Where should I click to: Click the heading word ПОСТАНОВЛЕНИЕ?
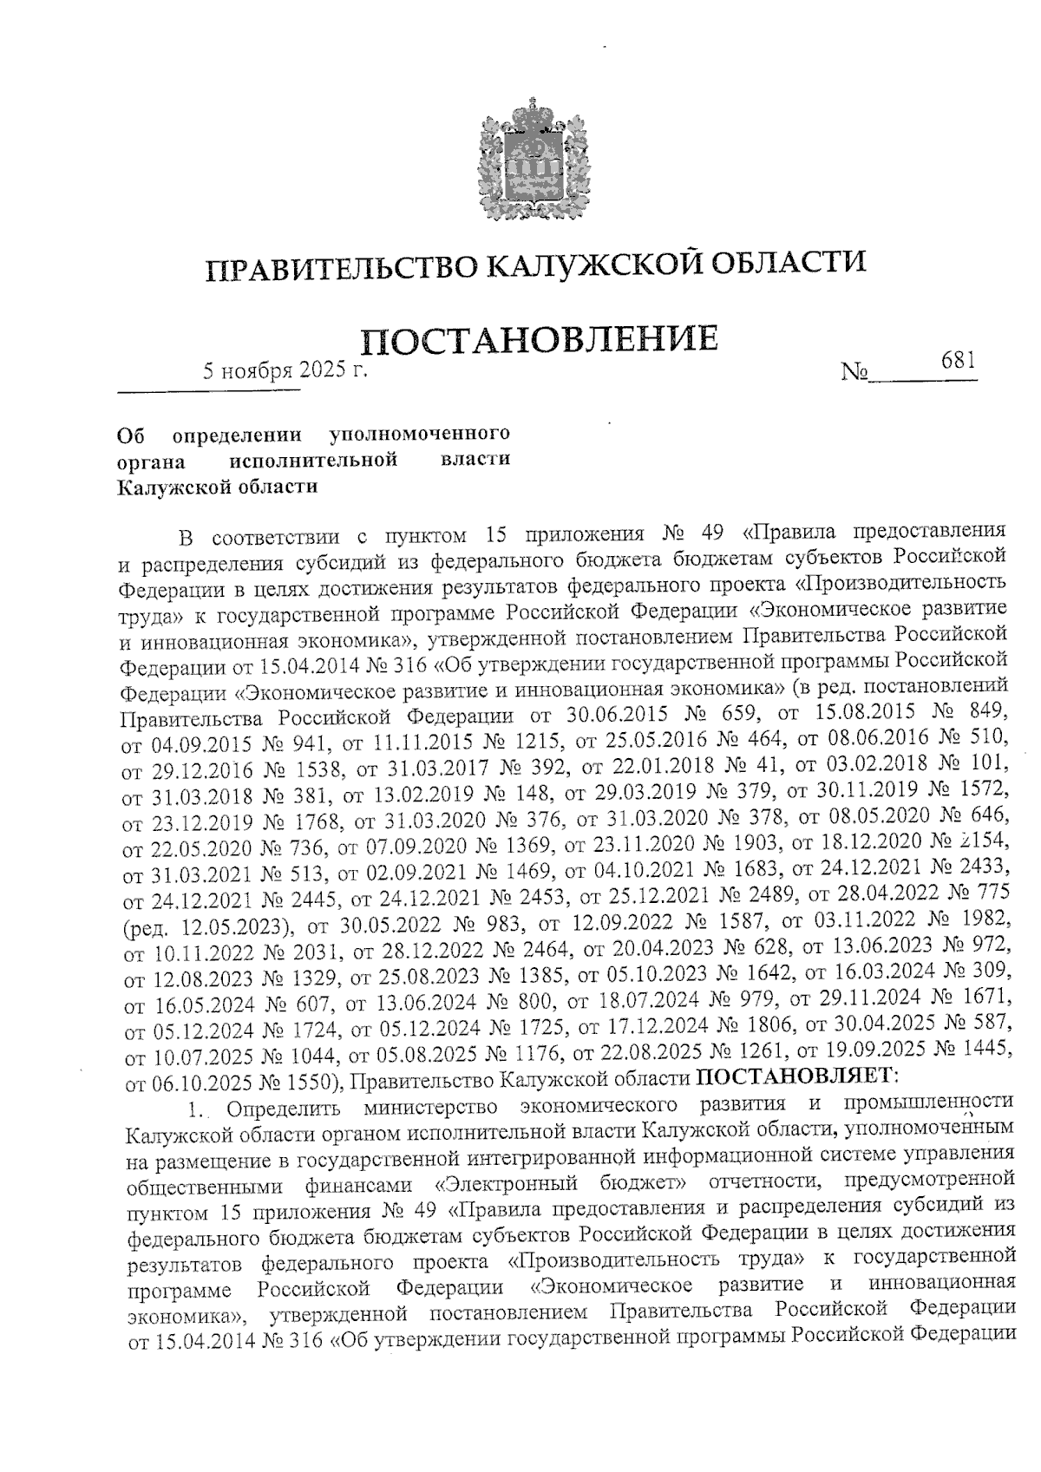539,339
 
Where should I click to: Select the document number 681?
959,359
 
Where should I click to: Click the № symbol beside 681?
854,373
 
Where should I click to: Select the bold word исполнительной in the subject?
316,458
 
